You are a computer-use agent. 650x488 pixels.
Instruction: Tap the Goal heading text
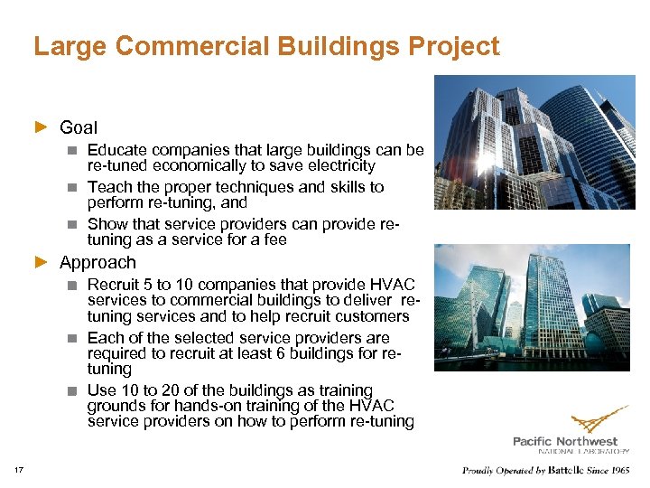[x=79, y=127]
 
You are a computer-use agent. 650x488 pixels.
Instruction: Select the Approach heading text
[x=97, y=263]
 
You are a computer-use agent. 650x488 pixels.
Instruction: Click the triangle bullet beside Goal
[x=40, y=127]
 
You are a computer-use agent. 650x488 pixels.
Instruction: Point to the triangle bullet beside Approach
[x=40, y=263]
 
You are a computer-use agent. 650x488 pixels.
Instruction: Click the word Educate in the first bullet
[x=117, y=150]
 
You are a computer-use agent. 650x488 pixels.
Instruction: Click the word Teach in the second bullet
[x=107, y=187]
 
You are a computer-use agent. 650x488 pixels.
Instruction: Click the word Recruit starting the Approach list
[x=114, y=285]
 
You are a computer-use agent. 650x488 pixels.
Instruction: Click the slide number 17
[x=19, y=469]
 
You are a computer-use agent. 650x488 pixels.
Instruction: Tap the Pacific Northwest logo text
[x=570, y=441]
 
